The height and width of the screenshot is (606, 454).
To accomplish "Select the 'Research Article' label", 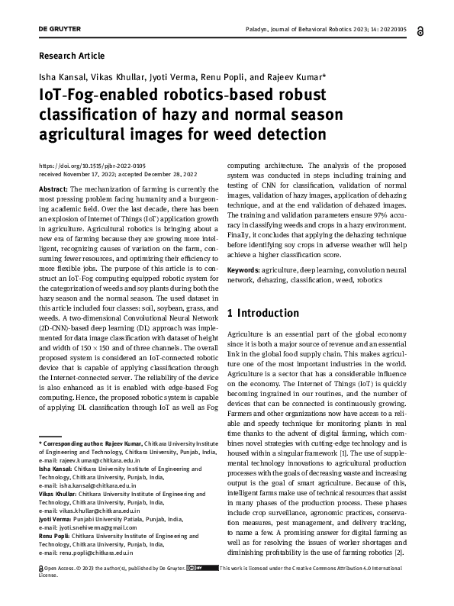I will [x=71, y=56].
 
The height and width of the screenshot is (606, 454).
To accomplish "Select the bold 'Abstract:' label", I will [x=53, y=189].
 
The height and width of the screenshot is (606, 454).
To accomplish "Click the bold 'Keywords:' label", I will [x=244, y=271].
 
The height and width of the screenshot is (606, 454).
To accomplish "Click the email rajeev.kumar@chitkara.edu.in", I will [x=96, y=462].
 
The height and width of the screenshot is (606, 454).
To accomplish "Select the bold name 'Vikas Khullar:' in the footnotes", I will [x=59, y=495].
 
